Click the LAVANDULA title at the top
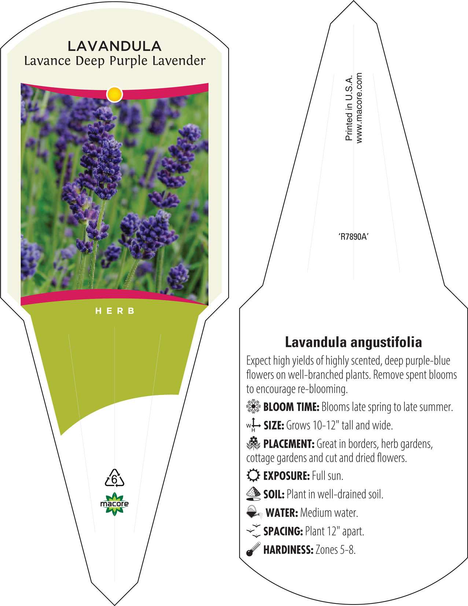[114, 46]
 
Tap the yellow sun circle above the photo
[115, 94]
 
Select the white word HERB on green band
[115, 311]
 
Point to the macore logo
[114, 504]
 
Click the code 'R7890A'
[353, 237]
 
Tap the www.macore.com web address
[359, 108]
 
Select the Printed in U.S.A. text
[349, 108]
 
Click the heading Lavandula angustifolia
[353, 342]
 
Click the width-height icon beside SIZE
[253, 425]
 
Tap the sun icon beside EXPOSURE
[253, 475]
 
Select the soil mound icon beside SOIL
[253, 494]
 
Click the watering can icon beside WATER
[254, 512]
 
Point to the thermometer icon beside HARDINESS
[253, 549]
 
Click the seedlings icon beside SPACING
[254, 531]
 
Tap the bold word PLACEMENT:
[289, 444]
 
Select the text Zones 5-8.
[336, 550]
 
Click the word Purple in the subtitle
[128, 61]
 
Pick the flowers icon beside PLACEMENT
[253, 443]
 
